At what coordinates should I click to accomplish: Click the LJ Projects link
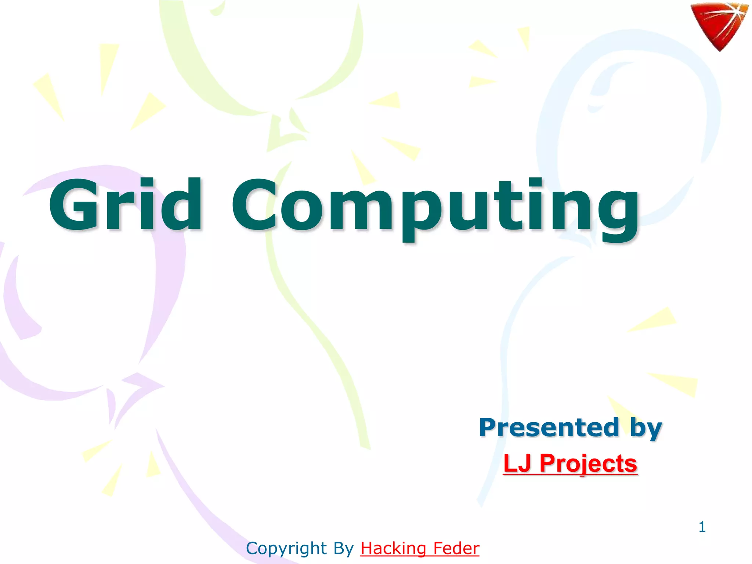click(x=570, y=463)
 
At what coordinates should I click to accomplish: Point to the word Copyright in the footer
click(x=286, y=549)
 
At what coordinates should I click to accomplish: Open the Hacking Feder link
click(x=420, y=549)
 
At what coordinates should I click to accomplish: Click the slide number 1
click(x=702, y=527)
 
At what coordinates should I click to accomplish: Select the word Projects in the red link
click(x=588, y=464)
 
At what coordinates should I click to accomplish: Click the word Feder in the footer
click(x=456, y=549)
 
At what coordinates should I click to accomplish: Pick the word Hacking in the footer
click(x=393, y=549)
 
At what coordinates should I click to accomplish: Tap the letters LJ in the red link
click(x=517, y=463)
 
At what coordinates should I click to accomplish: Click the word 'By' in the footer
click(x=343, y=549)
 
